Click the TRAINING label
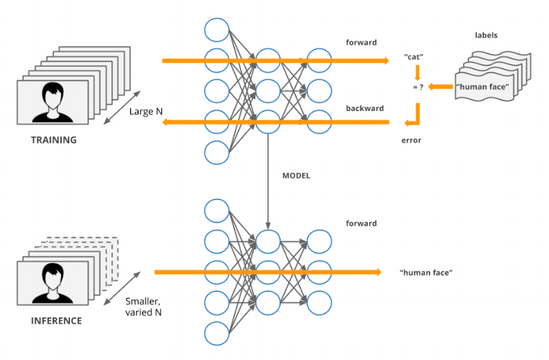pyautogui.click(x=53, y=140)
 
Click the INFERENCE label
pyautogui.click(x=56, y=320)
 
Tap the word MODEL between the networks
pyautogui.click(x=296, y=176)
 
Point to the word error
pyautogui.click(x=411, y=140)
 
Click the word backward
pyautogui.click(x=364, y=108)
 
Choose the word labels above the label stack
pyautogui.click(x=486, y=35)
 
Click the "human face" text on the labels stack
pyautogui.click(x=482, y=86)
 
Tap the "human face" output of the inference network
pyautogui.click(x=425, y=273)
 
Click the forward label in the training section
pyautogui.click(x=361, y=43)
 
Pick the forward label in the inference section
pyautogui.click(x=361, y=224)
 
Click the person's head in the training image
pyautogui.click(x=52, y=93)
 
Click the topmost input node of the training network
pyautogui.click(x=216, y=29)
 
